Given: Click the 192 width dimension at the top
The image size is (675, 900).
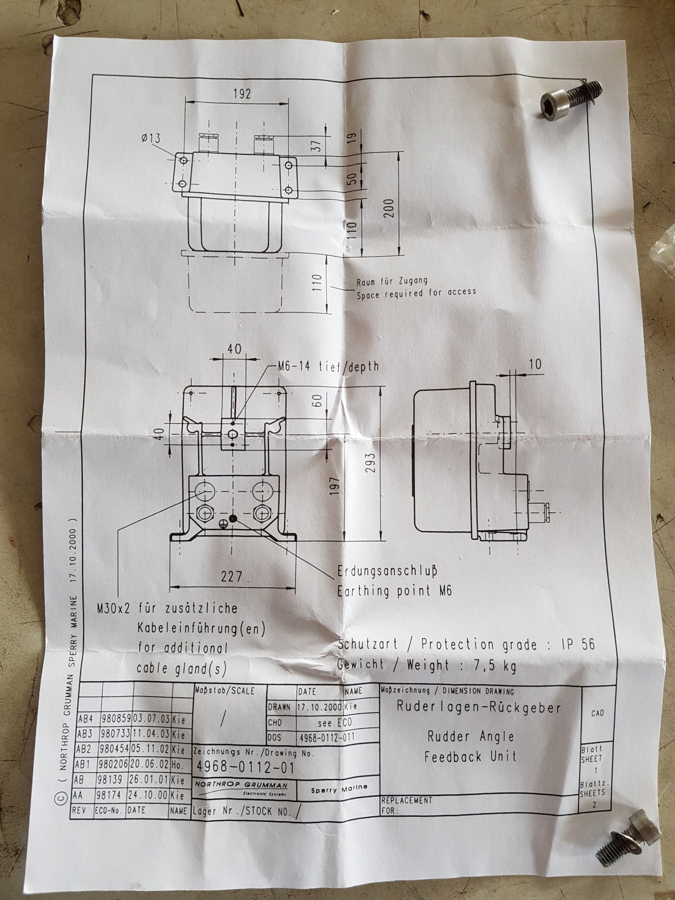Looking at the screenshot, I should point(242,93).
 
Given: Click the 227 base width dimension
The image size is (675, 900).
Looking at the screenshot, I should point(232,576).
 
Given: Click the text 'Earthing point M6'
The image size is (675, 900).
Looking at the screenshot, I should point(395,591).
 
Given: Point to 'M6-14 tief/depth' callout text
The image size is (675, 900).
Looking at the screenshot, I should point(328,367).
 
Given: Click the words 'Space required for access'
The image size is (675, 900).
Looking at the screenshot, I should point(416,292).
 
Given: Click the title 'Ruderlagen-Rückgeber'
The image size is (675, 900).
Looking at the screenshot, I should point(478,707).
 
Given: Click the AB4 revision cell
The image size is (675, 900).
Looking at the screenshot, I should point(86,720).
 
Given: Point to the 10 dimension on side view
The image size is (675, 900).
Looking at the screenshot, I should point(535,364).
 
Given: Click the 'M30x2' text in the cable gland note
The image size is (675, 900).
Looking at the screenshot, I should point(113,608).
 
